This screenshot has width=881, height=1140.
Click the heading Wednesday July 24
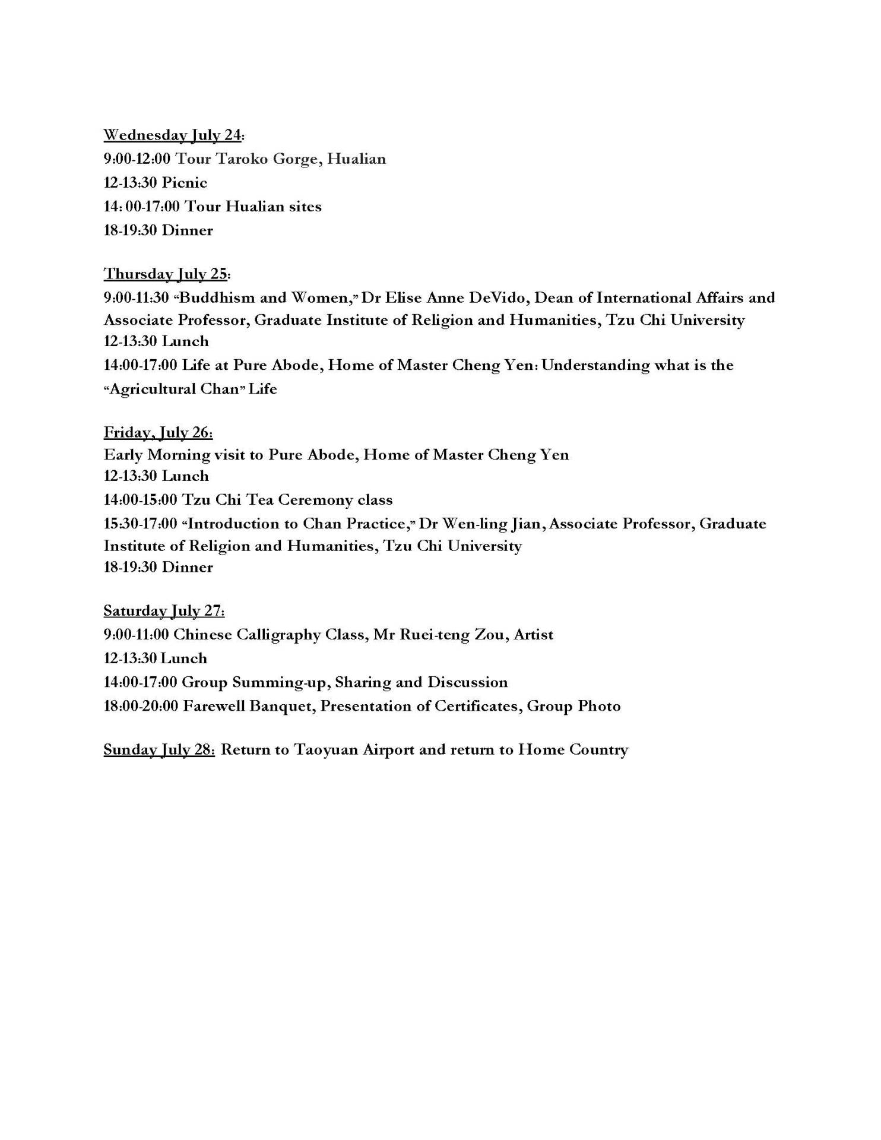[x=173, y=135]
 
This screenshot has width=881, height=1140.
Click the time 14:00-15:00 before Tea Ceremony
[x=140, y=500]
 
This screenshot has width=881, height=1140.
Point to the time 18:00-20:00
[x=141, y=706]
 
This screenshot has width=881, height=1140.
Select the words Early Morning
[x=157, y=455]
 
